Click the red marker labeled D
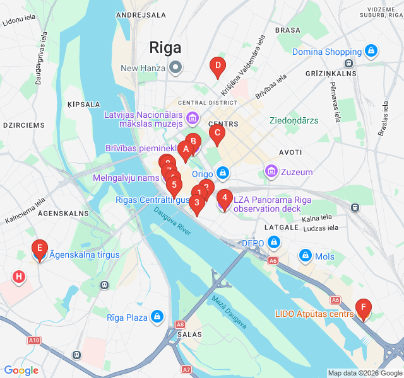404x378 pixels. (217, 66)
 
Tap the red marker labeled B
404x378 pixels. (193, 142)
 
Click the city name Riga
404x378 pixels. (165, 48)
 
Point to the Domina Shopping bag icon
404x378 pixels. (371, 51)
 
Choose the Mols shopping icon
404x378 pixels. (306, 256)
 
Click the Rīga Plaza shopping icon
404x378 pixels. (157, 317)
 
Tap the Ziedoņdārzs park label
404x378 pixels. (294, 120)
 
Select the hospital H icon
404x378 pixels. (20, 276)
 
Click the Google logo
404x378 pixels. (21, 370)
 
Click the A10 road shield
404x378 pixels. (34, 340)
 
